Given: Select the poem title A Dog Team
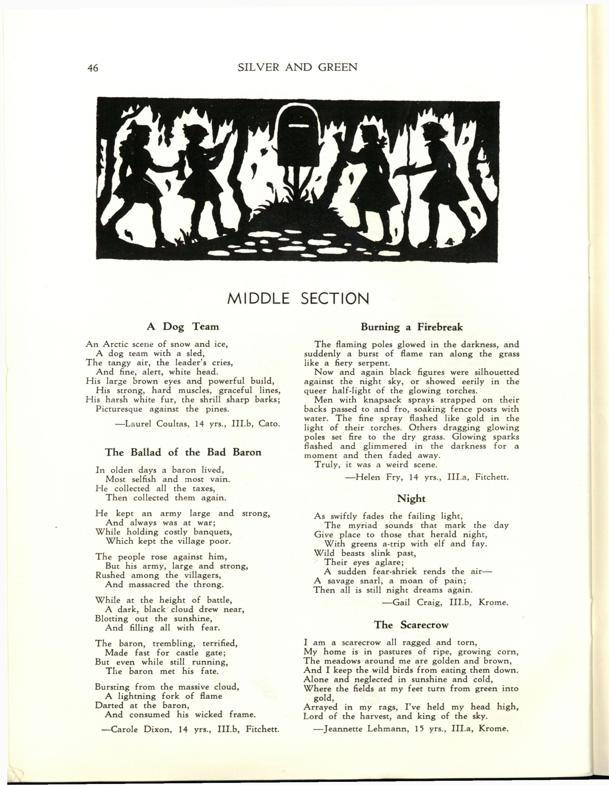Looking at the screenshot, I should (x=182, y=326).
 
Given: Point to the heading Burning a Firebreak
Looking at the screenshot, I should (x=412, y=327).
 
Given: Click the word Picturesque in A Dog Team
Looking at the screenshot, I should (x=119, y=409).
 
